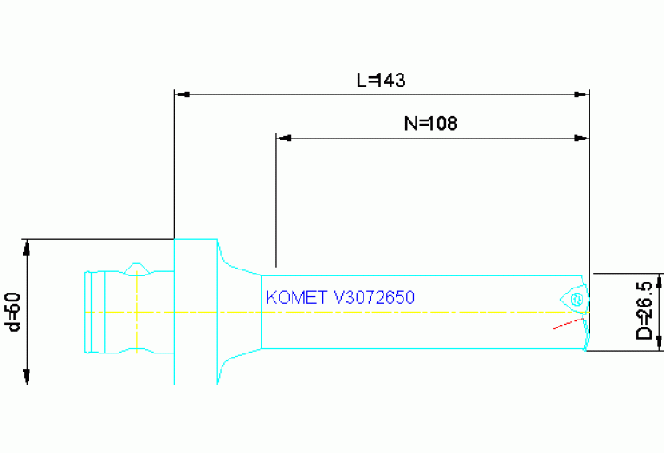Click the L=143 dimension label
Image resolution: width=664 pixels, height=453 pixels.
tap(382, 80)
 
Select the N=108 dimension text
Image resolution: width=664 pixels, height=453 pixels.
tap(430, 123)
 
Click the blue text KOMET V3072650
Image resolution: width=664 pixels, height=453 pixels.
tap(340, 297)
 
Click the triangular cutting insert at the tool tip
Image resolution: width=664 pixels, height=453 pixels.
tap(574, 298)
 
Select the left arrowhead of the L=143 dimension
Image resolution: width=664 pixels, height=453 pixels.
tap(182, 93)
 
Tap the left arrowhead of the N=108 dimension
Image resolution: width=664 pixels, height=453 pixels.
tap(282, 137)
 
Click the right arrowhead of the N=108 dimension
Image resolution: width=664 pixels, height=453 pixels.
tap(582, 137)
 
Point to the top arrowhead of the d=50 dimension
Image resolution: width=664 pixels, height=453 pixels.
tap(27, 246)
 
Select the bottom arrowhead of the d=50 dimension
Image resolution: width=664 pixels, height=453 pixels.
tap(27, 375)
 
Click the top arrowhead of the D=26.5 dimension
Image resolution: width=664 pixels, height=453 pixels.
tap(660, 281)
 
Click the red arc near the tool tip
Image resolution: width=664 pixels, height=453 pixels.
tap(567, 323)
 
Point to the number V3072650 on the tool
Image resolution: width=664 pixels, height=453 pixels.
tap(374, 297)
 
